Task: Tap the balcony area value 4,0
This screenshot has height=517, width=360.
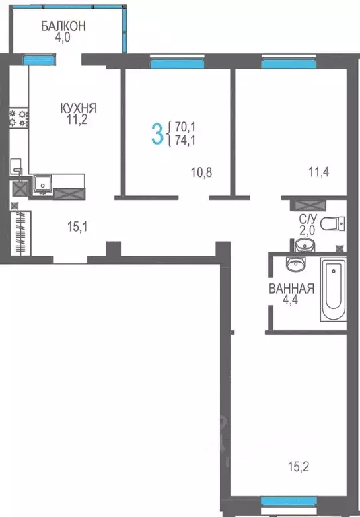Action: (63, 38)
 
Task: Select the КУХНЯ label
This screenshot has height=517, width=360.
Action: (79, 108)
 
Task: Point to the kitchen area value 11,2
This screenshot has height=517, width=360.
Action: (77, 120)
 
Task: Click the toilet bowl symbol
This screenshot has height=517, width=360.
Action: (332, 223)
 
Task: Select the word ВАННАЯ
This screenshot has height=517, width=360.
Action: (291, 289)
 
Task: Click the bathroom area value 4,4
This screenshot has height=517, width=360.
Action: (291, 302)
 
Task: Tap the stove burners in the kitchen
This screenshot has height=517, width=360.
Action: (19, 118)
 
